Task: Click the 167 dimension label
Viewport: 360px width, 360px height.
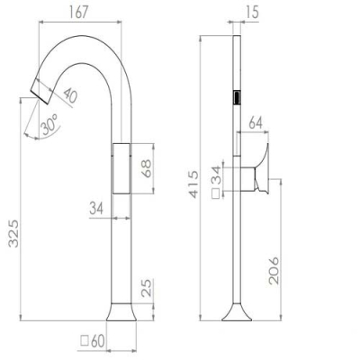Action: (x=79, y=13)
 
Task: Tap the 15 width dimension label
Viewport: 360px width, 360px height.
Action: (x=252, y=13)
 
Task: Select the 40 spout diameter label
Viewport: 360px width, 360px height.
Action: (x=70, y=94)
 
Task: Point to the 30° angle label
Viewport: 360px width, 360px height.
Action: (x=49, y=124)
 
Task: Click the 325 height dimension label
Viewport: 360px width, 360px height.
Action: (x=13, y=234)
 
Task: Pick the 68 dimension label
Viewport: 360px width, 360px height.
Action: (x=147, y=168)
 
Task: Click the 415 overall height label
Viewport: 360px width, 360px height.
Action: (x=193, y=184)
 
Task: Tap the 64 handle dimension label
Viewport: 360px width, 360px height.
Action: (x=256, y=123)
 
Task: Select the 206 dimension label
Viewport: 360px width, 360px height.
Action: (x=274, y=270)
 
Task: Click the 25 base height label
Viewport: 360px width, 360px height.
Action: (x=147, y=288)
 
